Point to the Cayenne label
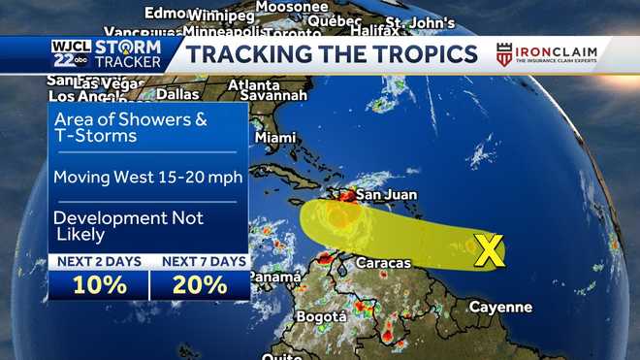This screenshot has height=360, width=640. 500,307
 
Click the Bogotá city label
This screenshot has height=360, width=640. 321,316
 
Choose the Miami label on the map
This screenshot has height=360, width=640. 275,138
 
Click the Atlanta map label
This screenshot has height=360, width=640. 254,84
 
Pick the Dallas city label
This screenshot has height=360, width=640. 177,94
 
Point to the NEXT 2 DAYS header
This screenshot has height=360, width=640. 99,261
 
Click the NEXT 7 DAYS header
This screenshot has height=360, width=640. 201,261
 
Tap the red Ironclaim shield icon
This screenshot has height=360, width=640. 504,54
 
